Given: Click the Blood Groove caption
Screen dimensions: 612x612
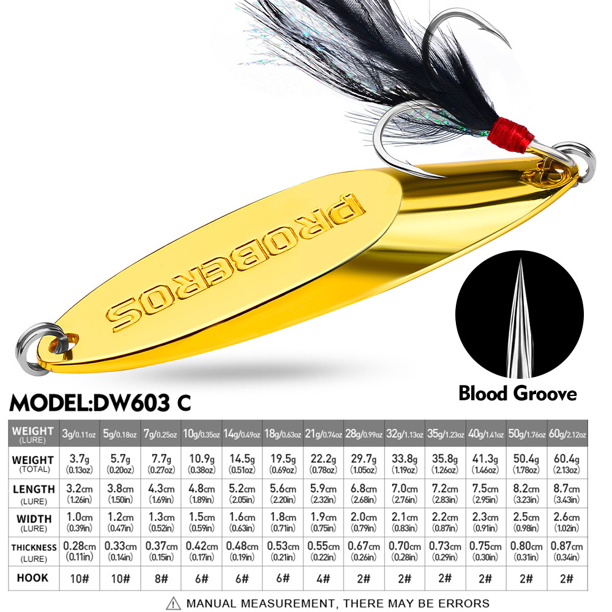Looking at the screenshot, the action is pyautogui.click(x=518, y=394).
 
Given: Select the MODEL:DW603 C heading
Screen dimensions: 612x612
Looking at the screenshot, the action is pyautogui.click(x=101, y=403).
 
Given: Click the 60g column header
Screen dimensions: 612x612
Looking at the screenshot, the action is pyautogui.click(x=567, y=434).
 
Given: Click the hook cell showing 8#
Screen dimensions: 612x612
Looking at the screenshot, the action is pyautogui.click(x=162, y=578).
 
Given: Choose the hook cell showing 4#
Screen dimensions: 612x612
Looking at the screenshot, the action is pyautogui.click(x=324, y=578).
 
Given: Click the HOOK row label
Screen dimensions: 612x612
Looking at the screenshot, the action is pyautogui.click(x=33, y=578).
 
